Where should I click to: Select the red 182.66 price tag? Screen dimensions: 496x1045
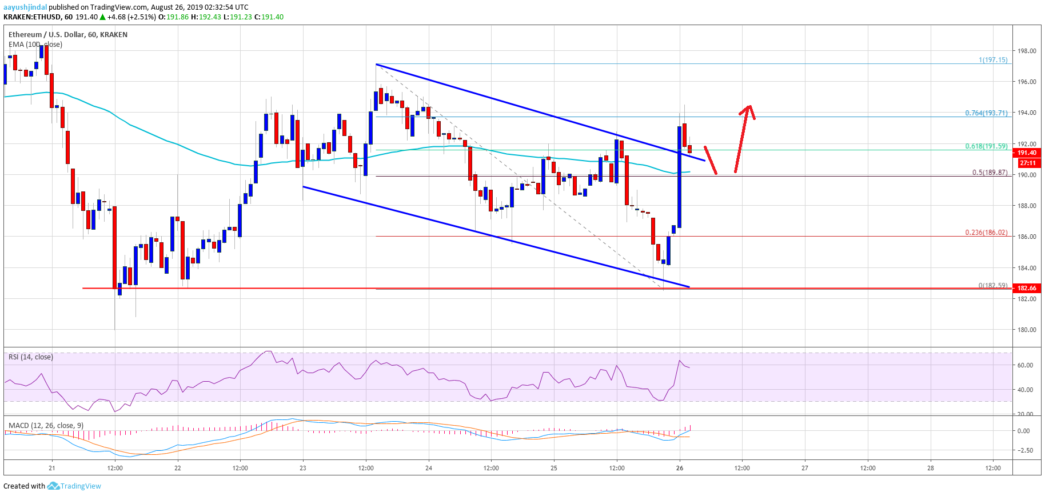[1027, 288]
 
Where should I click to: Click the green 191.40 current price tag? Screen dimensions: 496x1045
[1027, 153]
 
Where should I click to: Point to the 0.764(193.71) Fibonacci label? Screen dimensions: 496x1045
[986, 113]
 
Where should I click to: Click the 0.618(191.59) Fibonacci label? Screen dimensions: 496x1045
[986, 146]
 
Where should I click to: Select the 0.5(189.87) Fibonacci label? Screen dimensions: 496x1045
[990, 173]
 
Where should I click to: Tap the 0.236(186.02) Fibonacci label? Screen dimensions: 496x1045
[986, 233]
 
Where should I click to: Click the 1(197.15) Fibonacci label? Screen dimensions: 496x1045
[993, 60]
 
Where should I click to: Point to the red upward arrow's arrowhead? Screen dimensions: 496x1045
[749, 108]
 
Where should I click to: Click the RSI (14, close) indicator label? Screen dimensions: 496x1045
[31, 357]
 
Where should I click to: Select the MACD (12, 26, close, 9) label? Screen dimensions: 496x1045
[46, 426]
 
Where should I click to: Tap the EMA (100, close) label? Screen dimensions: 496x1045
[35, 45]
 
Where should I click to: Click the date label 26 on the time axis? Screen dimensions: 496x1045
[679, 468]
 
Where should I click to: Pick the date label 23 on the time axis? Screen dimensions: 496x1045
[303, 468]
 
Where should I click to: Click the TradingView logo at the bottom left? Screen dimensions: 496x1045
[74, 486]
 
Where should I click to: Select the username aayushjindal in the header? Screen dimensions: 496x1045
[25, 7]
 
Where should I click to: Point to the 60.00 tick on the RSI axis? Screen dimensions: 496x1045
[1025, 365]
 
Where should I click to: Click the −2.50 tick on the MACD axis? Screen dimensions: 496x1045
[1024, 450]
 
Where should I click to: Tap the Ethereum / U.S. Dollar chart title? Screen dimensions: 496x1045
[68, 35]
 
